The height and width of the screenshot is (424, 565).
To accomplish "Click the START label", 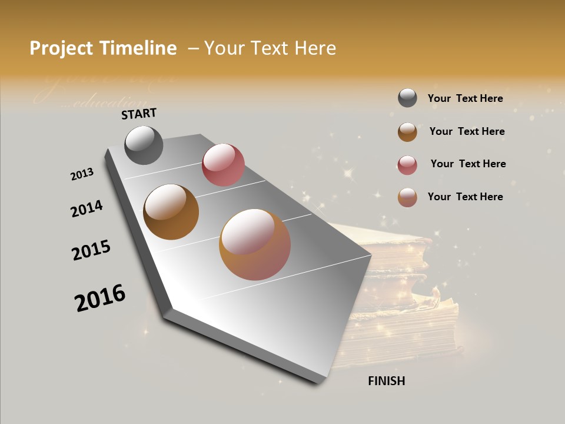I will click(139, 114).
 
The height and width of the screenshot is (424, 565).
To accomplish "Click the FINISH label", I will click(386, 381).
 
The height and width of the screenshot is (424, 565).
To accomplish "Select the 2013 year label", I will click(82, 174).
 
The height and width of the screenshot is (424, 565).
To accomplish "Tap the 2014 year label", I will click(87, 209).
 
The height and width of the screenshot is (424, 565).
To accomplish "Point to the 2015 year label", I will click(91, 250).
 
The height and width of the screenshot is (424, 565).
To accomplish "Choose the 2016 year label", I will click(100, 298).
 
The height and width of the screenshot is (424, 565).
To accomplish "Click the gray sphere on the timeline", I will click(144, 145).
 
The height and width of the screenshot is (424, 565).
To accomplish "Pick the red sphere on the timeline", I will click(223, 165).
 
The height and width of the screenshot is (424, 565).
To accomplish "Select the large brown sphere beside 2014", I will click(171, 212).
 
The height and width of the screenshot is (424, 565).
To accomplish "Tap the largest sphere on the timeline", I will click(255, 244).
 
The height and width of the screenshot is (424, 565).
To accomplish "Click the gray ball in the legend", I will click(407, 98).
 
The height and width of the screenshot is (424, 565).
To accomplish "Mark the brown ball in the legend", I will click(407, 132).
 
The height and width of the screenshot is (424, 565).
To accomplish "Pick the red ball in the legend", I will click(407, 165).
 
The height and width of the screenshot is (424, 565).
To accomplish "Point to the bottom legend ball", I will click(407, 197).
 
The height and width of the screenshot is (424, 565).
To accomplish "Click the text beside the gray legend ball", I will click(465, 98).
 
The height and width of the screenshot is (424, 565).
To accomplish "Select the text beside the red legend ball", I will click(468, 164).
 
